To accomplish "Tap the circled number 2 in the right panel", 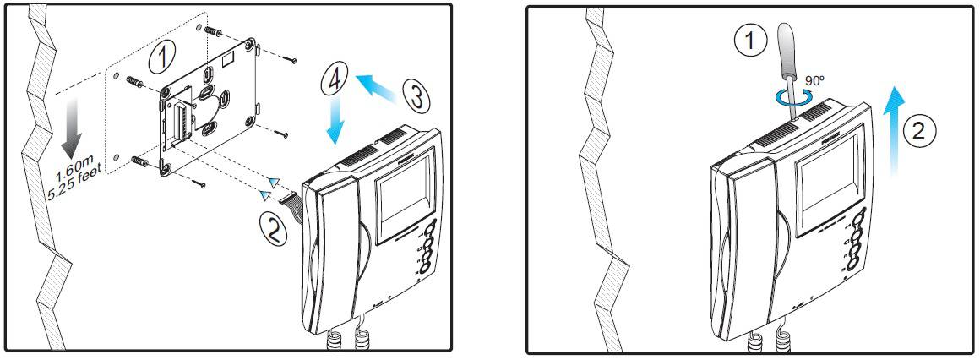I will click(920, 130).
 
